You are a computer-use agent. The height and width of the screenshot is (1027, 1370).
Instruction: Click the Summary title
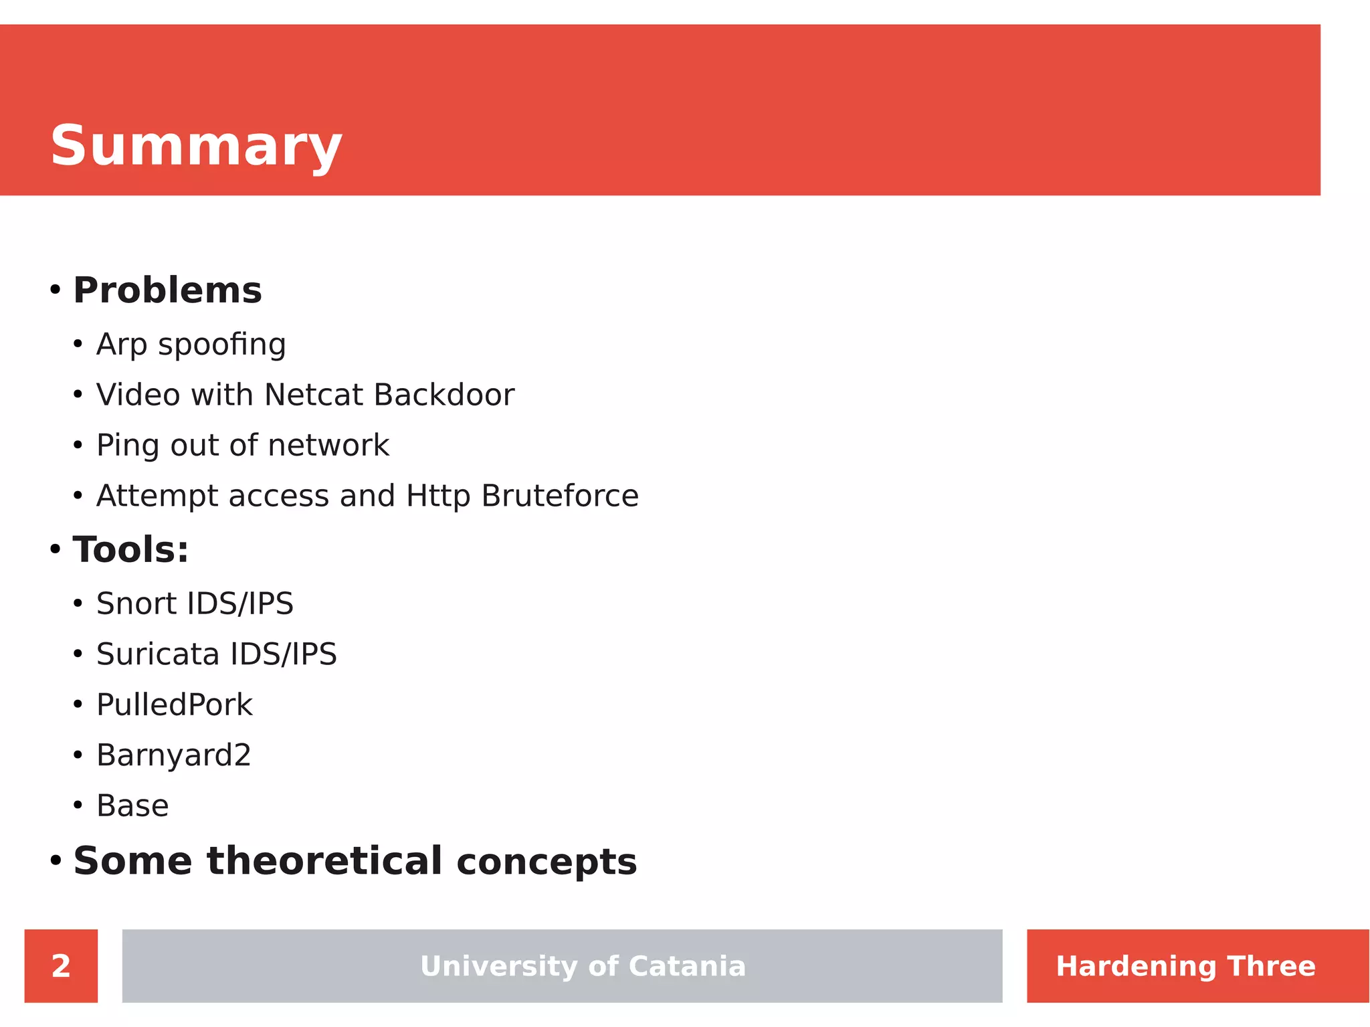196,146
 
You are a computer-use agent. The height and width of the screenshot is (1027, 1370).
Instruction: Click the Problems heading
167,290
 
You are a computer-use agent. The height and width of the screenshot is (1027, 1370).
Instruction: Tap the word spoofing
222,345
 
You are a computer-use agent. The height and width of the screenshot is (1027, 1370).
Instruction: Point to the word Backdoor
444,395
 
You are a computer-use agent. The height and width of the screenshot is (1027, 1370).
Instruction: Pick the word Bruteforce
560,496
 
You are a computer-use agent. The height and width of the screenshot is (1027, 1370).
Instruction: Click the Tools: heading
130,550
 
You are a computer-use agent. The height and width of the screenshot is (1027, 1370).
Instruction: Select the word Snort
137,603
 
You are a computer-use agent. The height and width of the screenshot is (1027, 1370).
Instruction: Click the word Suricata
158,654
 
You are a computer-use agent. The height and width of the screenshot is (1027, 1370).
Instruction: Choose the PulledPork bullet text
175,705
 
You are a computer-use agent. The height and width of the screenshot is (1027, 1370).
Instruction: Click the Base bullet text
132,806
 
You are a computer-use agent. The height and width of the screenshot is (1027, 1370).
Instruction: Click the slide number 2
61,966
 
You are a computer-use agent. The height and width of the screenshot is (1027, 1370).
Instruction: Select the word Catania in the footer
687,966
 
